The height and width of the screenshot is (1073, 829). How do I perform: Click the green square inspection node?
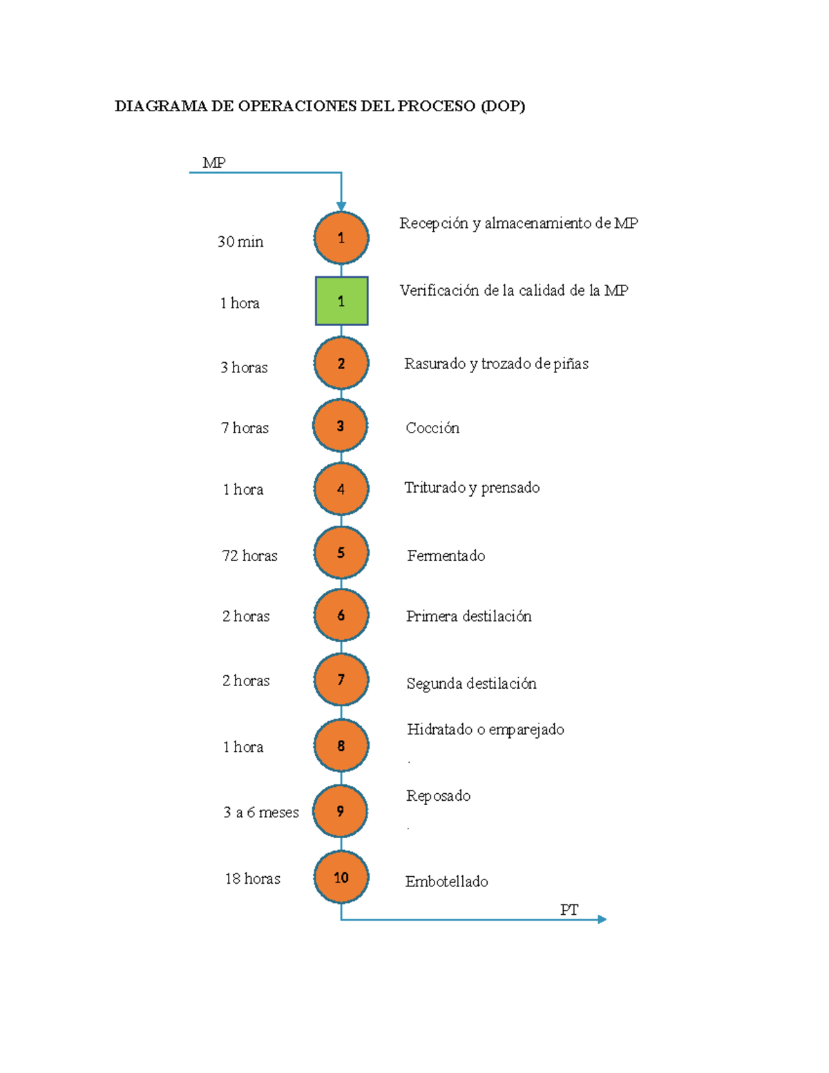click(341, 301)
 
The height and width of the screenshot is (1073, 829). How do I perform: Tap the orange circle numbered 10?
click(341, 877)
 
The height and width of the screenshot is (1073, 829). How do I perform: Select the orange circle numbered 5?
click(341, 553)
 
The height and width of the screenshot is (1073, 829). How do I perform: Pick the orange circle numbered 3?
click(341, 426)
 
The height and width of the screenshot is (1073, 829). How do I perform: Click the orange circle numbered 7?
click(341, 679)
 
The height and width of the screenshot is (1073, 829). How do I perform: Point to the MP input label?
click(213, 162)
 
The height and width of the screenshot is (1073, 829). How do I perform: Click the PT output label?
click(569, 909)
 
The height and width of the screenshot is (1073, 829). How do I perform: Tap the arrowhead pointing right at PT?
click(602, 919)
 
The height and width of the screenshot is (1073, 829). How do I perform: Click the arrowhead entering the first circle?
click(341, 206)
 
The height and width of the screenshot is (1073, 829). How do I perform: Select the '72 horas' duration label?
click(249, 556)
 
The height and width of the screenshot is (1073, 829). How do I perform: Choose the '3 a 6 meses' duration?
click(260, 812)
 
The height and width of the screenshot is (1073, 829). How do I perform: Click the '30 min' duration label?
click(240, 241)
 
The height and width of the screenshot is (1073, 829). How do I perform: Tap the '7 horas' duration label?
click(245, 428)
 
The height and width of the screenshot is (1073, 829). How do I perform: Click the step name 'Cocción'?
click(432, 428)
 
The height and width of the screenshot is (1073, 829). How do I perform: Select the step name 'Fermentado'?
click(446, 556)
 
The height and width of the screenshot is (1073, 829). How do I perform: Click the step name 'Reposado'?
click(438, 795)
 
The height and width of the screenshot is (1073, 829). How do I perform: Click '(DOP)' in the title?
click(503, 106)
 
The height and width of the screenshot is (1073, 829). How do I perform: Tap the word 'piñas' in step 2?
click(571, 363)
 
